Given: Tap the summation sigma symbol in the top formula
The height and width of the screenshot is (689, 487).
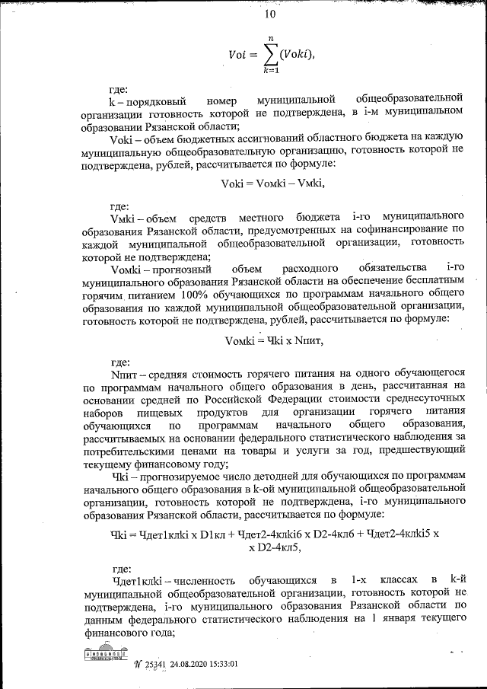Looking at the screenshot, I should pyautogui.click(x=269, y=54).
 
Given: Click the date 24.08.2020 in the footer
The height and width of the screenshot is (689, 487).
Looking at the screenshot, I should pyautogui.click(x=189, y=663).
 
